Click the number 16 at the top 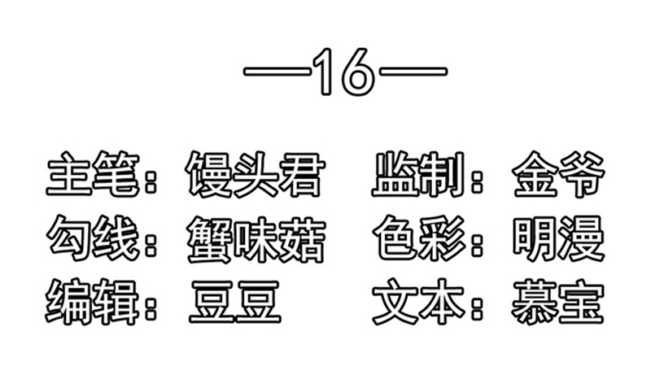tap(343, 72)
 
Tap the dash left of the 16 tap(277, 72)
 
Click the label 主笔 tap(92, 174)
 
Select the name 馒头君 tap(254, 174)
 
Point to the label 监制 tap(417, 174)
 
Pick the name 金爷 tap(557, 174)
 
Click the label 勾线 tap(92, 238)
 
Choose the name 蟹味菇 tap(254, 239)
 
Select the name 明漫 tap(557, 238)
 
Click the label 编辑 tap(92, 302)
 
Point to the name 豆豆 tap(235, 303)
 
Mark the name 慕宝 tap(557, 303)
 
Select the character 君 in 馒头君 tap(300, 174)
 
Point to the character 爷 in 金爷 tap(581, 174)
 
